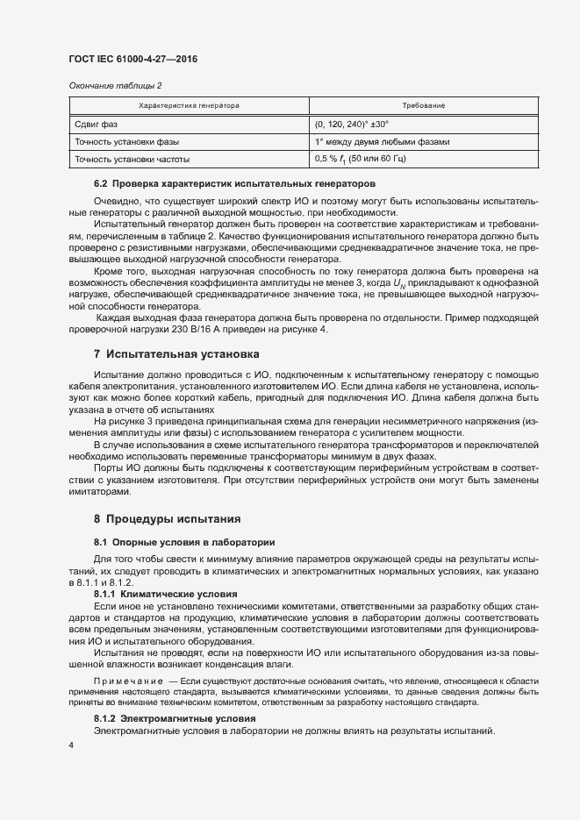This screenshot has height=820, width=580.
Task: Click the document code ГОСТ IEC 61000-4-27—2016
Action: pos(132,59)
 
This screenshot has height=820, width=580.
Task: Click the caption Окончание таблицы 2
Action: pos(115,85)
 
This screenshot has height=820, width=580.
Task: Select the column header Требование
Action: pos(425,105)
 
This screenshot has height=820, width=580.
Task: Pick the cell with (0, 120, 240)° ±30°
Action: pos(351,124)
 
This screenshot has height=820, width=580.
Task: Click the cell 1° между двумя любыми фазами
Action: pos(381,141)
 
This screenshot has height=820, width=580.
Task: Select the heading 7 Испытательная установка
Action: pos(176,354)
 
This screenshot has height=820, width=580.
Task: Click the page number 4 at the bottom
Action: pos(71,745)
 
